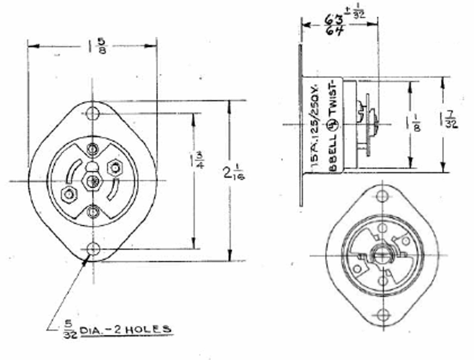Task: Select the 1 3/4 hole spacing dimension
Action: point(196,159)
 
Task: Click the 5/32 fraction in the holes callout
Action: point(68,329)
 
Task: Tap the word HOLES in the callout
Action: point(153,328)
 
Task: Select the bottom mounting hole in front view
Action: point(93,249)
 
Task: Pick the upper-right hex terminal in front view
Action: point(115,167)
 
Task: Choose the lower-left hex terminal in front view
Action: point(68,194)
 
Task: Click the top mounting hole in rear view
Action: point(382,196)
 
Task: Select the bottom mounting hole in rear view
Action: point(382,314)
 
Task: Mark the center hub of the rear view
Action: point(382,255)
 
